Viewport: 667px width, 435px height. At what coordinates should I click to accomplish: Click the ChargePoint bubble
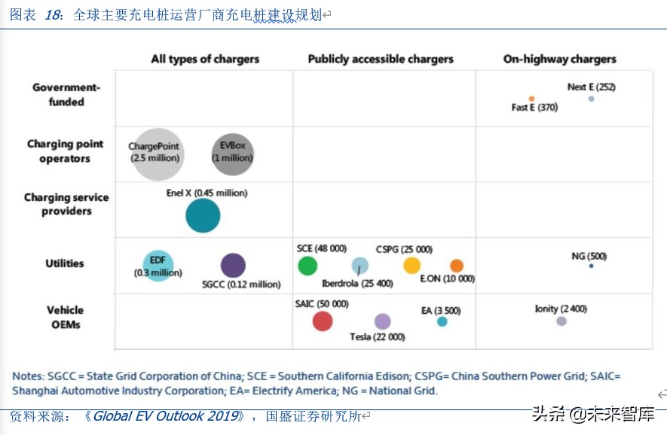tap(158, 154)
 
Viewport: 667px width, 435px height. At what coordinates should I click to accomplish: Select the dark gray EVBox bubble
tap(232, 154)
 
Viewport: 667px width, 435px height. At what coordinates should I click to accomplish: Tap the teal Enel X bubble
tap(203, 216)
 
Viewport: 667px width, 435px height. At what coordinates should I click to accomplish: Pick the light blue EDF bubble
tap(158, 265)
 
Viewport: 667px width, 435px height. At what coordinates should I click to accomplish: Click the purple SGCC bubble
tap(233, 265)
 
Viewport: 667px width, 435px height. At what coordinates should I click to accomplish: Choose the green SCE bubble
tap(307, 266)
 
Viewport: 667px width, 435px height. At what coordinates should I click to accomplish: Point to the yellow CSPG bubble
tap(412, 265)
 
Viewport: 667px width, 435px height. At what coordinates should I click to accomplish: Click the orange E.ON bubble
tap(457, 265)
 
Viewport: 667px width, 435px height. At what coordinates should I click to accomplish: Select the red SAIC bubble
tap(323, 321)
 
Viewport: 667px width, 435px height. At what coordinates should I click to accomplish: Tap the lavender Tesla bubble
tap(383, 321)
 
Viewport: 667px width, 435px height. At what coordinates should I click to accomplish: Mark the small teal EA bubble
tap(442, 321)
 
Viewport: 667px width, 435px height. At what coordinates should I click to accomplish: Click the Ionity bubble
tap(561, 321)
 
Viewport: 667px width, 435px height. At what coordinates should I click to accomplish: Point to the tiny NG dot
tap(592, 266)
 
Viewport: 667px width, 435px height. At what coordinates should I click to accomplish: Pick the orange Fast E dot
tap(531, 99)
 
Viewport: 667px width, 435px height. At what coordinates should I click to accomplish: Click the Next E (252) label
tap(591, 87)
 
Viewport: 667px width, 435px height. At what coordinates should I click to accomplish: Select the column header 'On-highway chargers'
tap(559, 59)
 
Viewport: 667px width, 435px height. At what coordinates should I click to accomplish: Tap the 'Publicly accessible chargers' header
tap(381, 59)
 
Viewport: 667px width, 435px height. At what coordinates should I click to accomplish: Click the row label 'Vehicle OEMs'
tap(66, 317)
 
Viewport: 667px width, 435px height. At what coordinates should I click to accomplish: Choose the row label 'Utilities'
tap(65, 263)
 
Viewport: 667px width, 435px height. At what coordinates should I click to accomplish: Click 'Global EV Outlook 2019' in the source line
tap(167, 416)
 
